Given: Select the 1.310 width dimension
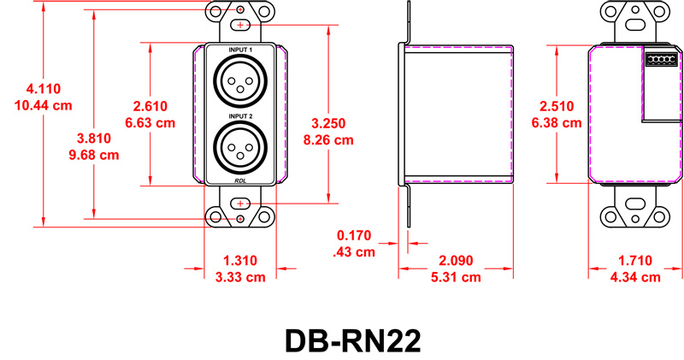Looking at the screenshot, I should [240, 260].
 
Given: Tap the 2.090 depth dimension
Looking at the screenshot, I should [459, 260].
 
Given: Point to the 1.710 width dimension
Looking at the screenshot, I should [638, 260].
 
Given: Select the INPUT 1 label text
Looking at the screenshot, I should [240, 51].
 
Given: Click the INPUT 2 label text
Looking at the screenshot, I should [240, 115].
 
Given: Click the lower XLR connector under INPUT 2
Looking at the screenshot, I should [240, 148].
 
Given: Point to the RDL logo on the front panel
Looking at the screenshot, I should [240, 181].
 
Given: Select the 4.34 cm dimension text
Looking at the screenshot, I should [638, 277].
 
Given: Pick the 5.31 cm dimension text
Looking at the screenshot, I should [459, 277].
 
